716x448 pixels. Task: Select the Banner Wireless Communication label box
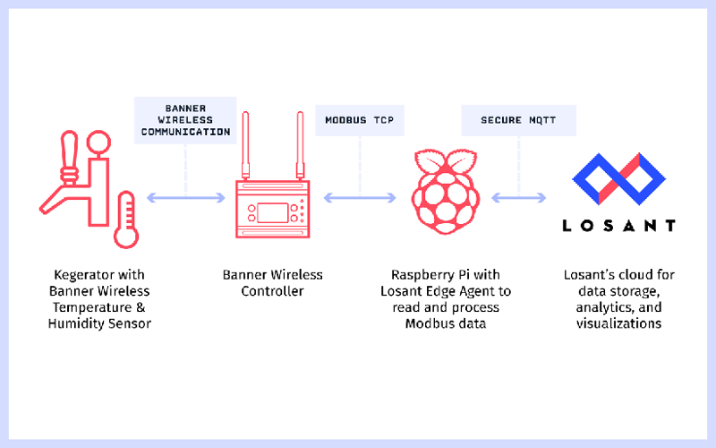tap(185, 119)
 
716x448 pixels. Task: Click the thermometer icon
tap(125, 220)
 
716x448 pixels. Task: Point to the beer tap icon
tap(72, 179)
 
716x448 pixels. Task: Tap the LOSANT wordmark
tap(618, 226)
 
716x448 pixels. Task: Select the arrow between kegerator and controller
tap(185, 197)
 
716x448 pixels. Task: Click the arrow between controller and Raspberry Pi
tap(360, 197)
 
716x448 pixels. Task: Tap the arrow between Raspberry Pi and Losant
tap(518, 197)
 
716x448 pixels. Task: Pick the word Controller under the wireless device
tap(272, 291)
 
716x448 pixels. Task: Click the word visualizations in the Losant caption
tap(618, 323)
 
